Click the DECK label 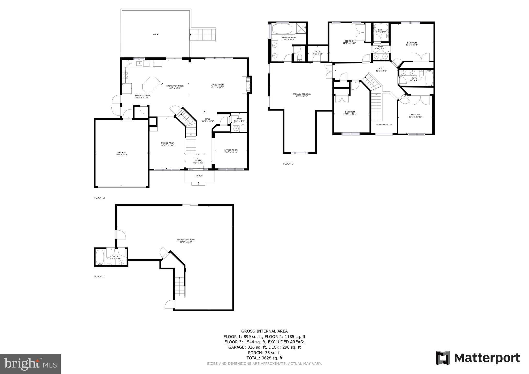coord(155,34)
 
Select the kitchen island coord(151,85)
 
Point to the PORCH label coord(199,176)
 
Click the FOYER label coord(198,161)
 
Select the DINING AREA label coord(168,144)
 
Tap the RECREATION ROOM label coord(186,241)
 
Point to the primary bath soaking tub coord(282,29)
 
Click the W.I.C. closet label coord(318,53)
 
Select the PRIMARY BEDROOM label coord(302,95)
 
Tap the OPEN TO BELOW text coord(384,124)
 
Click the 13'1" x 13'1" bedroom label coord(412,44)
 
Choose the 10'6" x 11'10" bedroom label coord(415,115)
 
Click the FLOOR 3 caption coord(288,164)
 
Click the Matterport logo coord(478,358)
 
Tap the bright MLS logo coord(30,364)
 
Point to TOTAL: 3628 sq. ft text coord(264,358)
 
